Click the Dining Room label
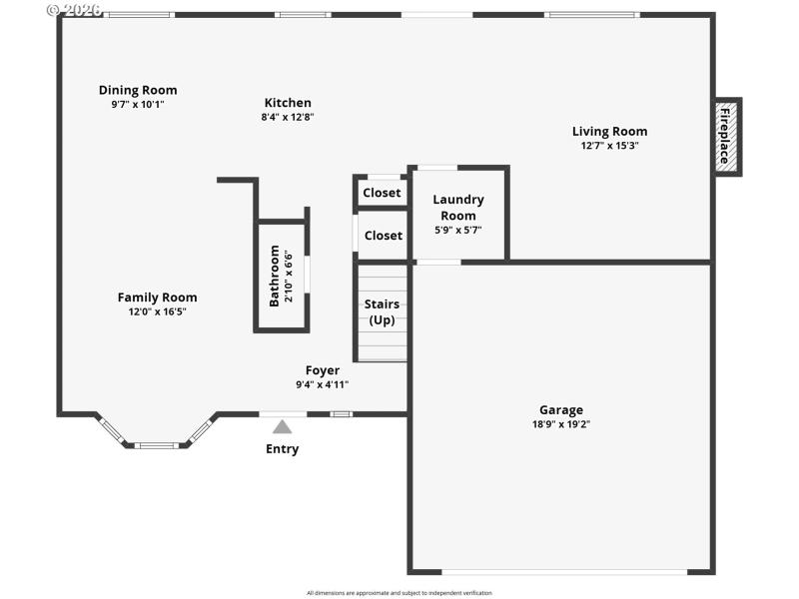click(x=138, y=90)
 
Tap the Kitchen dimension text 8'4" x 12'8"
click(x=288, y=117)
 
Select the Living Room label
click(x=609, y=131)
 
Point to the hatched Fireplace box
click(x=726, y=137)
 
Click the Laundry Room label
click(x=458, y=207)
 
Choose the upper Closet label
click(x=382, y=193)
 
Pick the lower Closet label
click(x=384, y=236)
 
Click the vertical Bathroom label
click(x=275, y=276)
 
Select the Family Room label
click(x=157, y=297)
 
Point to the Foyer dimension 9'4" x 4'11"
click(x=322, y=384)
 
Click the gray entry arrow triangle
click(x=283, y=427)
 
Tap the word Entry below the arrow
click(x=282, y=449)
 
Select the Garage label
click(x=561, y=409)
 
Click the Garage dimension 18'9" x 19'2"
click(x=561, y=423)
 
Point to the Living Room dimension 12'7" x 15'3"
click(x=609, y=145)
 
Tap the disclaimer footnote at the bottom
click(x=399, y=593)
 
